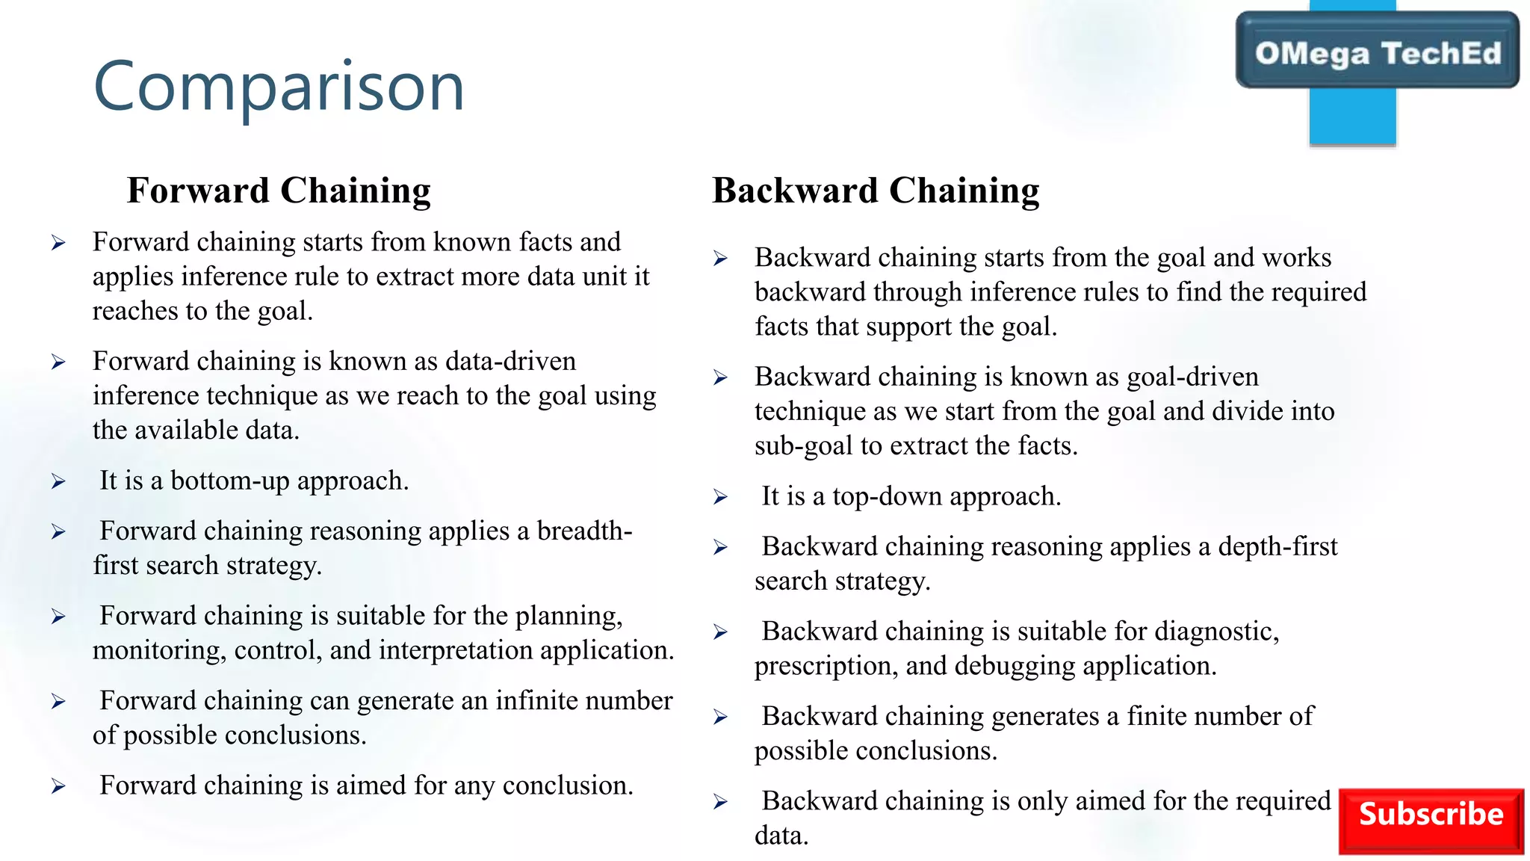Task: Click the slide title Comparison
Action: click(279, 87)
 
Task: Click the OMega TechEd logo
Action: click(1377, 53)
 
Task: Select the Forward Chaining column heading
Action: click(279, 191)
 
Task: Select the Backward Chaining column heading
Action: click(876, 191)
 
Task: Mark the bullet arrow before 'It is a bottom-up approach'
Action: click(58, 481)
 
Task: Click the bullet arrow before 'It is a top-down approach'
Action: click(720, 497)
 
